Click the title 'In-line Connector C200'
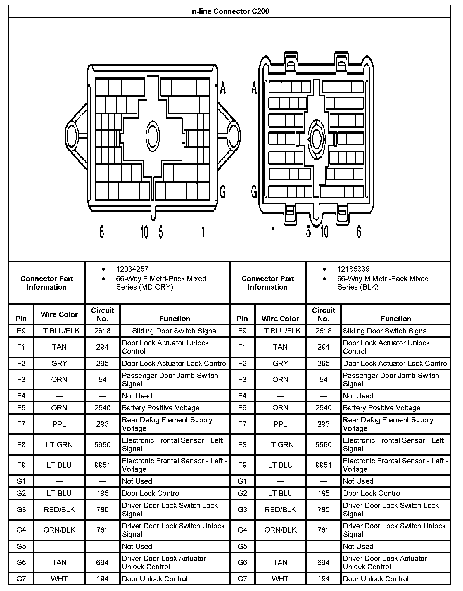coord(229,11)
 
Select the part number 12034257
coord(132,269)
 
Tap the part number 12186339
coord(353,269)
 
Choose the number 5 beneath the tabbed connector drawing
coord(309,232)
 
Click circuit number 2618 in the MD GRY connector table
coord(102,331)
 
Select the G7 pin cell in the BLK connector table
coord(242,579)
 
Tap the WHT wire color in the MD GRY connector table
coord(59,579)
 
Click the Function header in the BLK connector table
coord(395,319)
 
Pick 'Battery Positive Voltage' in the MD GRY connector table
coord(160,408)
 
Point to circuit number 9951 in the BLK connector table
coord(323,465)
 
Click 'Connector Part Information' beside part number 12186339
coord(268,283)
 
